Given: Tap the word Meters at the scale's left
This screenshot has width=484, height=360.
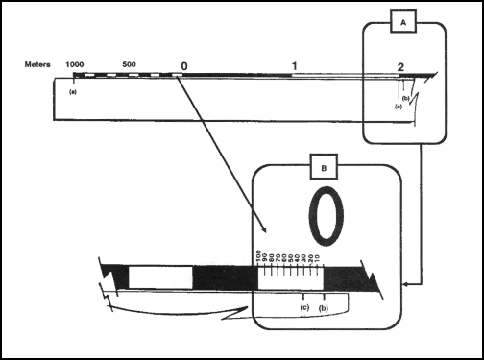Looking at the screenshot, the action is point(38,64).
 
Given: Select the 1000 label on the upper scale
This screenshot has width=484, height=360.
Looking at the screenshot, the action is point(75,64).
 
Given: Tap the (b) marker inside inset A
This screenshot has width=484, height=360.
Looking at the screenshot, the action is point(406,100).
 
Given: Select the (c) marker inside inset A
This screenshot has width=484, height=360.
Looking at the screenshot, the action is point(398,107).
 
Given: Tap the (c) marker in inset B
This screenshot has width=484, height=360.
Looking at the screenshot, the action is point(303,307).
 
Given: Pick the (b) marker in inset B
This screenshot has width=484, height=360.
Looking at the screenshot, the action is point(324,307).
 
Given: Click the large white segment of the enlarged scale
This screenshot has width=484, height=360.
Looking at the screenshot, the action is point(160,277).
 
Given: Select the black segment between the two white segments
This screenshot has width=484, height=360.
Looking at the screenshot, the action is point(224,277).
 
